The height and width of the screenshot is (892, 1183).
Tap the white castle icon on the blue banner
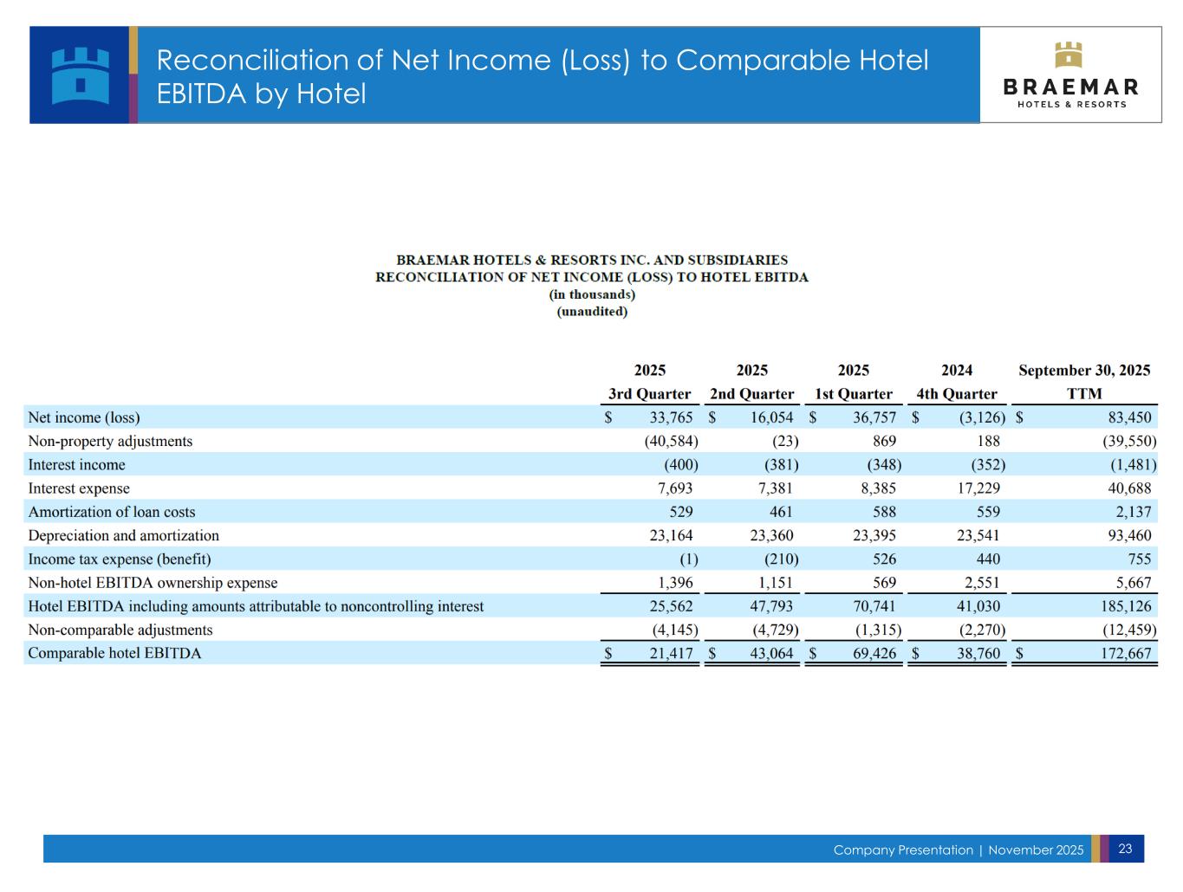(x=81, y=75)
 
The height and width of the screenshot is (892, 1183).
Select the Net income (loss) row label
(x=84, y=417)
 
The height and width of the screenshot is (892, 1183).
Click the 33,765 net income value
(x=671, y=417)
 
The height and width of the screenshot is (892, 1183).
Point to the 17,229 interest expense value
(x=978, y=488)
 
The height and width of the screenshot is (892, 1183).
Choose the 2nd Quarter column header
(x=751, y=394)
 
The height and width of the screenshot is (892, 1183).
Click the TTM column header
(x=1084, y=394)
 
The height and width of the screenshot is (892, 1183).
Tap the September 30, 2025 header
(x=1084, y=371)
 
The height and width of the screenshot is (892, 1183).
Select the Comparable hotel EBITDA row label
(x=114, y=653)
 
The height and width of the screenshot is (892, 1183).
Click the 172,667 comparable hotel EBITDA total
(x=1126, y=653)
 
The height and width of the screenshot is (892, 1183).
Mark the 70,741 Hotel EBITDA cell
(x=874, y=606)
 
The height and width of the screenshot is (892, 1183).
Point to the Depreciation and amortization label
(x=124, y=535)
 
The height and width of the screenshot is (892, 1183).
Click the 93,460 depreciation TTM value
(x=1129, y=535)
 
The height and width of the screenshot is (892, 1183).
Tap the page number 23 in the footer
(x=1125, y=849)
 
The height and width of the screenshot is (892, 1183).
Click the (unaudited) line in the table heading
(x=592, y=312)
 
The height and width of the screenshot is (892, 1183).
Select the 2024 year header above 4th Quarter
(x=957, y=371)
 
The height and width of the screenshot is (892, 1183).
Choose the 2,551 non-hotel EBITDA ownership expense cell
(x=982, y=583)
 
